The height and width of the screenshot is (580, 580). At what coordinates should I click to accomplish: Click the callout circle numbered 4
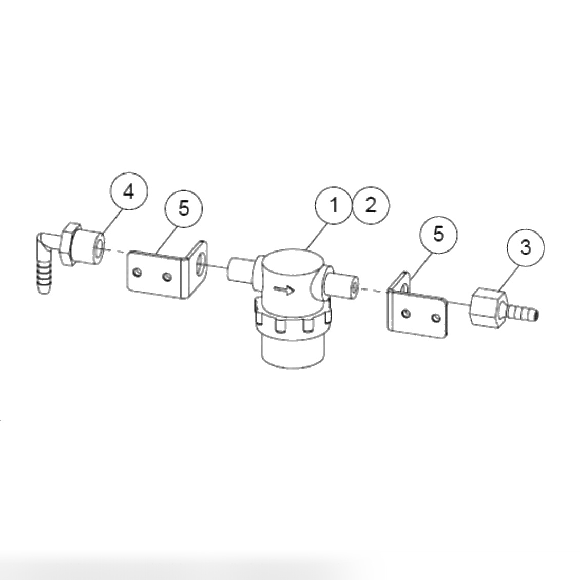(x=128, y=193)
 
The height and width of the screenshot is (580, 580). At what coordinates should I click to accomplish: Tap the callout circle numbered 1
(x=334, y=205)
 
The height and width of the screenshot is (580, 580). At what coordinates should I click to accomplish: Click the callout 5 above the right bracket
(x=438, y=235)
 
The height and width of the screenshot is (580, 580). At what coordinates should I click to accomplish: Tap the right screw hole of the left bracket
(x=167, y=277)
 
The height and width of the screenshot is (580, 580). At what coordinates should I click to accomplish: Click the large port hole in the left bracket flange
(x=199, y=263)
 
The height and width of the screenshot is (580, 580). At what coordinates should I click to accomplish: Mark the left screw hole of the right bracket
(x=405, y=313)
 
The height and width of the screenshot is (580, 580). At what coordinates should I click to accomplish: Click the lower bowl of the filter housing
(x=293, y=352)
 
